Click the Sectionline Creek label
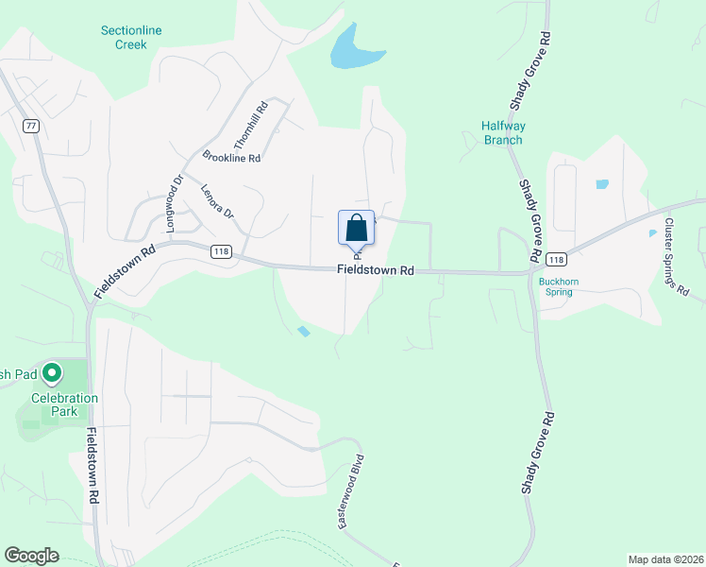[x=131, y=37]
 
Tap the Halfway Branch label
[x=502, y=133]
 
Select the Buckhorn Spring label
[x=557, y=285]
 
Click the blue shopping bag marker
[x=356, y=229]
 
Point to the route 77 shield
[x=31, y=126]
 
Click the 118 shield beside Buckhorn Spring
[x=557, y=259]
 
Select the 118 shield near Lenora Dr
[x=221, y=251]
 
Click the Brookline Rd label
[x=230, y=158]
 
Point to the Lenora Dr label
[x=217, y=200]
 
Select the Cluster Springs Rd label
[x=676, y=257]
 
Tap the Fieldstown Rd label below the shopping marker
[x=376, y=270]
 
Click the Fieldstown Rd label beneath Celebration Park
[x=92, y=468]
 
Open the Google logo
[x=31, y=556]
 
